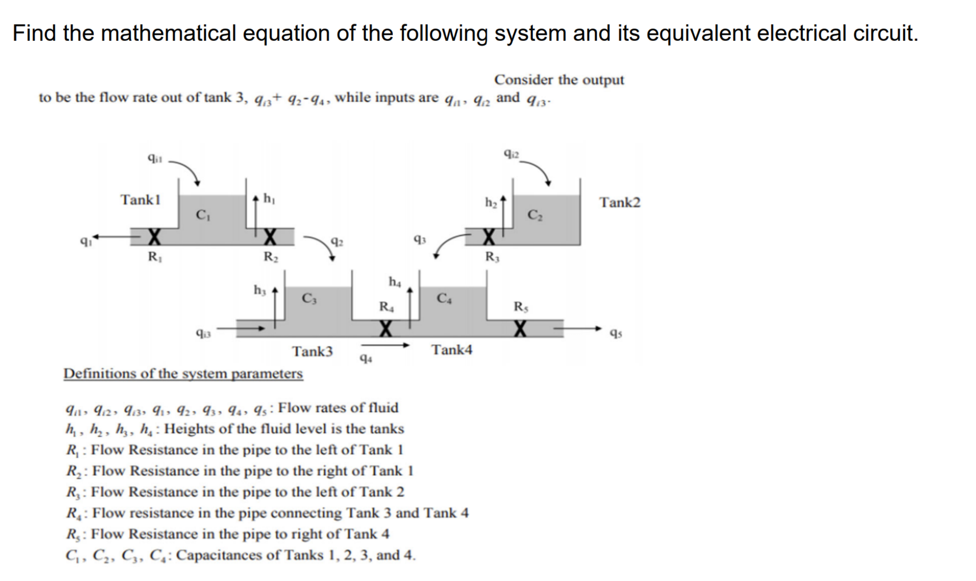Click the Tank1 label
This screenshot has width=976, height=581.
pyautogui.click(x=140, y=200)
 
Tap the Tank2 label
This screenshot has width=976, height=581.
pyautogui.click(x=620, y=203)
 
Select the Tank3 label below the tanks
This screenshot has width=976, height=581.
pyautogui.click(x=312, y=352)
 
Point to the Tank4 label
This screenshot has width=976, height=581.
pyautogui.click(x=452, y=350)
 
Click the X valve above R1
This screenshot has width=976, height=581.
pyautogui.click(x=154, y=237)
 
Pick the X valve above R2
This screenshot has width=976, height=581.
pyautogui.click(x=270, y=237)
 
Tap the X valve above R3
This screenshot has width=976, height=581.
pyautogui.click(x=490, y=237)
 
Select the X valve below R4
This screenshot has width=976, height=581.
pyautogui.click(x=386, y=328)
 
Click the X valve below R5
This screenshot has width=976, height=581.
pyautogui.click(x=520, y=328)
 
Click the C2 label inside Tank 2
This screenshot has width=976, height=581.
pyautogui.click(x=535, y=215)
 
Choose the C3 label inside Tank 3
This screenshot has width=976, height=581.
pyautogui.click(x=309, y=298)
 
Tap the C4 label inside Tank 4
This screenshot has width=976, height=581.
pyautogui.click(x=444, y=298)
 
